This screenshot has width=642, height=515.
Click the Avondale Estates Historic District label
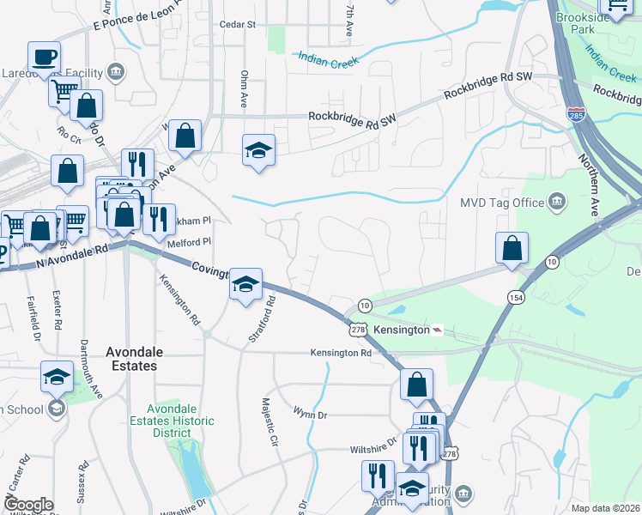172,421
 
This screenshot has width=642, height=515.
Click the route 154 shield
515,297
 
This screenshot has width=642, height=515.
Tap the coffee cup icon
44,58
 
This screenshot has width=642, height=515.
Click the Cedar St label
238,25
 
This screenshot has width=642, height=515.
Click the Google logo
29,505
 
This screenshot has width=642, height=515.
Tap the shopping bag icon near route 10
512,248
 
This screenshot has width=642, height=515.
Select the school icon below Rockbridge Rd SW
258,151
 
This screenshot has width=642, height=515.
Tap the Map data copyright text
605,508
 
